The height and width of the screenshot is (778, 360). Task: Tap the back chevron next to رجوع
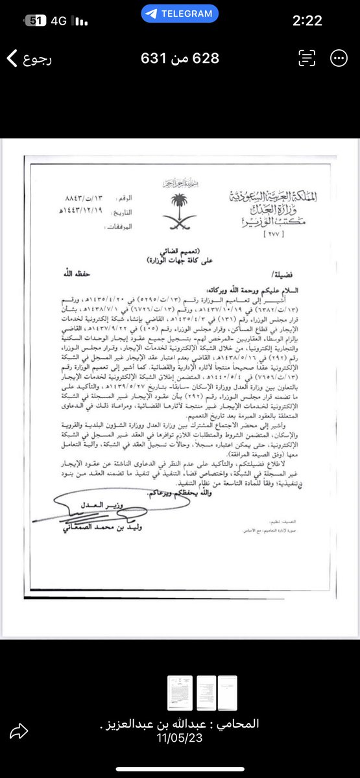pyautogui.click(x=12, y=58)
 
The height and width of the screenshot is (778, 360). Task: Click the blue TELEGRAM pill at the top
pyautogui.click(x=180, y=13)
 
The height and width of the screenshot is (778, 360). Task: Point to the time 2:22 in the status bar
pyautogui.click(x=307, y=21)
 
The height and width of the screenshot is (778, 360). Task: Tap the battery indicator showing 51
pyautogui.click(x=36, y=21)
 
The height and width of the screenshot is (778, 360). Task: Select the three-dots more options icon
pyautogui.click(x=338, y=58)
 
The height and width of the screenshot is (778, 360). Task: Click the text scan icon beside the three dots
pyautogui.click(x=306, y=58)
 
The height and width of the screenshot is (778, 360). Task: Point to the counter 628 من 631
pyautogui.click(x=180, y=58)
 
